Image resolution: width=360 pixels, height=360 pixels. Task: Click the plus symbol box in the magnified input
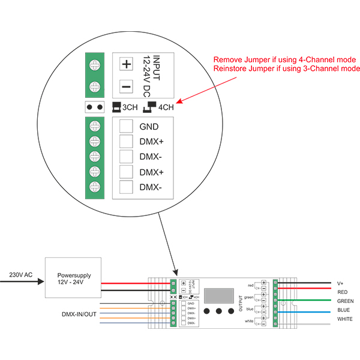click(x=126, y=64)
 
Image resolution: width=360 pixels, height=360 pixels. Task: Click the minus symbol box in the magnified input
click(x=126, y=87)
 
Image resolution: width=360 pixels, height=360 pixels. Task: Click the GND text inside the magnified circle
click(x=149, y=127)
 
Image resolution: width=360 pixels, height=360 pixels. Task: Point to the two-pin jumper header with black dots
click(x=94, y=108)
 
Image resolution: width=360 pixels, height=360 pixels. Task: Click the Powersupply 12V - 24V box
click(x=71, y=278)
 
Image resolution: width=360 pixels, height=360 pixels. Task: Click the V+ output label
click(x=340, y=283)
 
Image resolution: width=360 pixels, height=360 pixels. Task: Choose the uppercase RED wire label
click(x=343, y=292)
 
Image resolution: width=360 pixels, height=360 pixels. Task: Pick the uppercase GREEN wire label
click(x=346, y=301)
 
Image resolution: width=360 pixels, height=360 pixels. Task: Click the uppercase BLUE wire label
click(x=344, y=310)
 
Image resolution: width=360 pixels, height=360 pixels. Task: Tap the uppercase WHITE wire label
click(x=345, y=319)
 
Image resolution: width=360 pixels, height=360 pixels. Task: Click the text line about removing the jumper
click(x=285, y=60)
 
